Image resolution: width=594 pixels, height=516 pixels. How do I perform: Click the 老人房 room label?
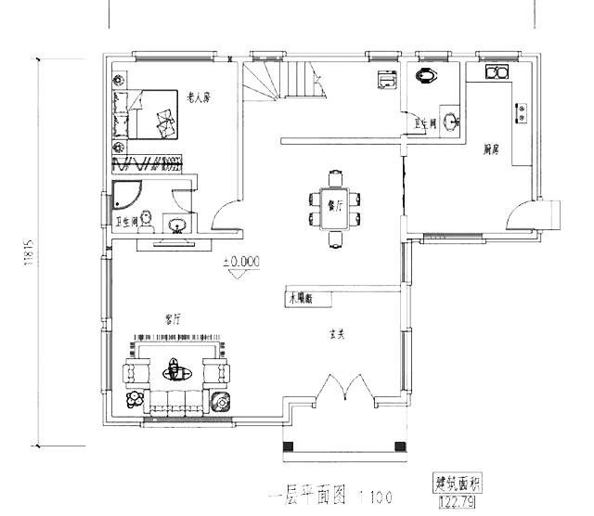[x=199, y=96]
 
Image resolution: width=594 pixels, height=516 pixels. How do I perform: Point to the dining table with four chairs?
[x=334, y=208]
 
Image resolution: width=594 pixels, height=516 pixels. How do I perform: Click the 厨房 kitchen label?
[x=492, y=150]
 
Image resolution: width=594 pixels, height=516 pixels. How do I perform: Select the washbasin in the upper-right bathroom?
[x=450, y=119]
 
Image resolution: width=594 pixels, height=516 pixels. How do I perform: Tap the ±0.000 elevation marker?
[x=240, y=262]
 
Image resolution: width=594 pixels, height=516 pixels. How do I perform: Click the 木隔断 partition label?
[x=303, y=299]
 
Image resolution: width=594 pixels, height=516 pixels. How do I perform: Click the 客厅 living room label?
[x=173, y=318]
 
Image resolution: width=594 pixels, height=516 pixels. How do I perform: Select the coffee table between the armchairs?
[x=173, y=372]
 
